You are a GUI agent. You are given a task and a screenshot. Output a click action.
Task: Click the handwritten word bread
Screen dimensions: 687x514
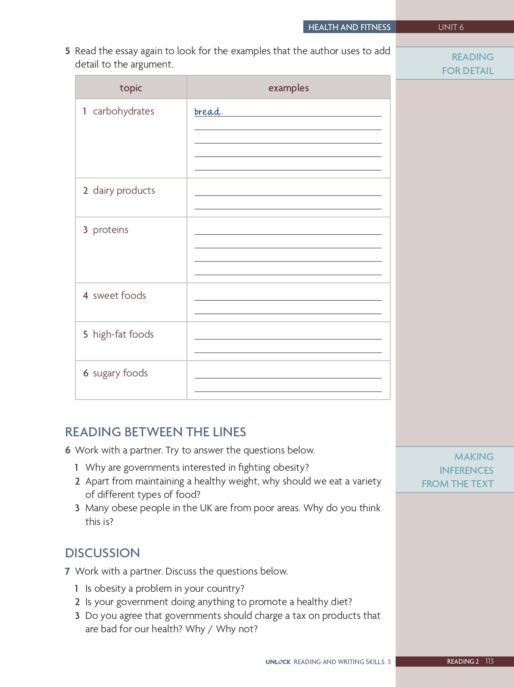pos(207,112)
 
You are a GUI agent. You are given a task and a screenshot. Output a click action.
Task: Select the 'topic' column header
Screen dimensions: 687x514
pos(131,88)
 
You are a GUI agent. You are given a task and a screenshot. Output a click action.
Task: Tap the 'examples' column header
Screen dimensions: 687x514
pos(288,88)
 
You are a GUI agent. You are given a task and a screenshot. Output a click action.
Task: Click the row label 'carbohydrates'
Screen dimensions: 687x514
pos(123,111)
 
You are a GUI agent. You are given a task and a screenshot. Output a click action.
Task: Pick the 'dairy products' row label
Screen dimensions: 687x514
pos(124,190)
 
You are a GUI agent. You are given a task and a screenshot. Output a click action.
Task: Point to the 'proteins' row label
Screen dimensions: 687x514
pos(110,230)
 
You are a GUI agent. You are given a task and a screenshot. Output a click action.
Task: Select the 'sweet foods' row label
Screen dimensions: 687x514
pos(119,295)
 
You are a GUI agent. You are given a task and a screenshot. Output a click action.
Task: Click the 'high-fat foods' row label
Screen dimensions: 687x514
pos(123,334)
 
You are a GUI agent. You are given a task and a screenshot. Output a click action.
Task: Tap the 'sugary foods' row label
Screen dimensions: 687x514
pos(120,373)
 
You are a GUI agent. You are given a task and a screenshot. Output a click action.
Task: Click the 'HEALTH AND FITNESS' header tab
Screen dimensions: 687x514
pos(349,27)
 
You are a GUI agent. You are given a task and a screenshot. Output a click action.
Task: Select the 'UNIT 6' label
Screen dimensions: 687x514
pos(451,27)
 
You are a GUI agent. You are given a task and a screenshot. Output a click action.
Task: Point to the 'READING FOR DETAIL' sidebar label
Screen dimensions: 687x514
pos(468,64)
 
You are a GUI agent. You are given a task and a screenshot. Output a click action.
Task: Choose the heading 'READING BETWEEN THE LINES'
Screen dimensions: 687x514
pos(156,432)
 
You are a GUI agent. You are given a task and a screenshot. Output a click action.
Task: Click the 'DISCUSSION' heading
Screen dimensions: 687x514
pos(103,553)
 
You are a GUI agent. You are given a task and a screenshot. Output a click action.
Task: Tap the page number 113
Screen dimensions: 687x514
pos(489,661)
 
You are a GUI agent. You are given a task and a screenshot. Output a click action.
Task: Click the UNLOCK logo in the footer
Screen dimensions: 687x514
pos(278,662)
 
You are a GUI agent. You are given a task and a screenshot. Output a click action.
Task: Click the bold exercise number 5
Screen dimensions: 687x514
pos(68,51)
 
